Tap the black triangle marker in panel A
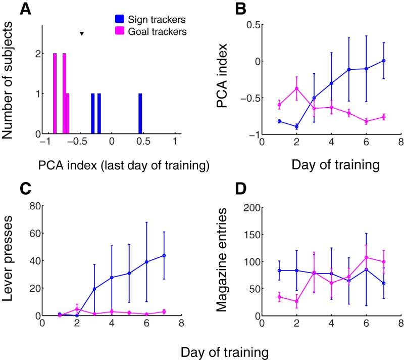tap(81, 34)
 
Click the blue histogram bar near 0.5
tap(140, 114)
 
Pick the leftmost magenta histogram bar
tap(55, 94)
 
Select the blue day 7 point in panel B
tap(384, 61)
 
